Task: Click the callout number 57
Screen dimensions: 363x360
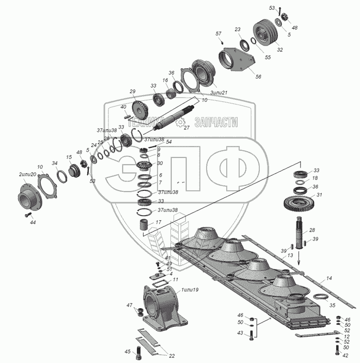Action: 218,34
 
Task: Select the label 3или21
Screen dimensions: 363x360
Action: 219,92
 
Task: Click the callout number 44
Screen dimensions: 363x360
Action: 33,222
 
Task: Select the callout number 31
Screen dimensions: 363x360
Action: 319,195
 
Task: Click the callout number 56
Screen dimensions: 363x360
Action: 258,76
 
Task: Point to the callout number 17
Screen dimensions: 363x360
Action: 158,222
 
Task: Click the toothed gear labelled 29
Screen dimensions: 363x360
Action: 140,109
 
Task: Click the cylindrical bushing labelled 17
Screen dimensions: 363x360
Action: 145,226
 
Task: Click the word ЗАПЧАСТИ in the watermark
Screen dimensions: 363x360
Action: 216,123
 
